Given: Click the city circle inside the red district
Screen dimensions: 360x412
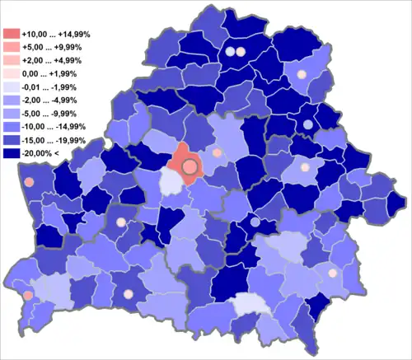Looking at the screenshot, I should [190, 166].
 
